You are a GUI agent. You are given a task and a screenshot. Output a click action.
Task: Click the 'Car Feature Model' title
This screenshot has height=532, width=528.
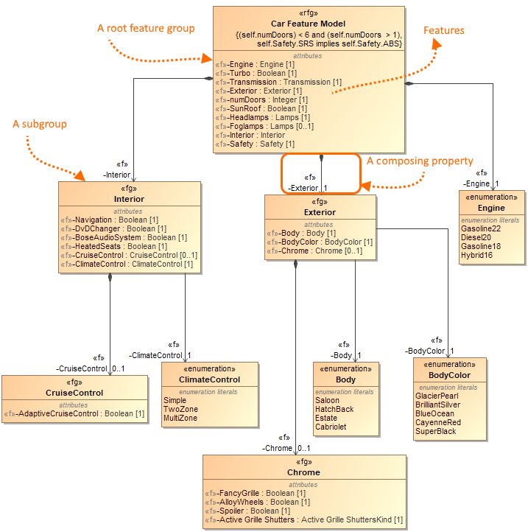point(308,24)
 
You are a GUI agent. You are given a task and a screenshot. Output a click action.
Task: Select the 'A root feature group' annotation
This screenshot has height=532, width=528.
point(146,28)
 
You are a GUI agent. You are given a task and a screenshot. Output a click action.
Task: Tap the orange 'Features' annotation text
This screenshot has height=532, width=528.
point(443,30)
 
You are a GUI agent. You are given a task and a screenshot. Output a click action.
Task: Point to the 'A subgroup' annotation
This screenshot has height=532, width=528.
point(40,125)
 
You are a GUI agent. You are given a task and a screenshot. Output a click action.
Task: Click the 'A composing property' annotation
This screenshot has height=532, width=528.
point(420,161)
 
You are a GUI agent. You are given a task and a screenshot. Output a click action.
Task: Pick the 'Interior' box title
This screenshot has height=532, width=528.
point(129,199)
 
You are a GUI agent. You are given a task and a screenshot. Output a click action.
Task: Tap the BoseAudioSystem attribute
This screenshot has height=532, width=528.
point(123,237)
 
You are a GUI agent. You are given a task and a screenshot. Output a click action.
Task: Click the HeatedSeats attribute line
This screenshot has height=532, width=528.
point(113,246)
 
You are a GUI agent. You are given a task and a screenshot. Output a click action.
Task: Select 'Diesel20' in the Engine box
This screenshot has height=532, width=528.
point(476,237)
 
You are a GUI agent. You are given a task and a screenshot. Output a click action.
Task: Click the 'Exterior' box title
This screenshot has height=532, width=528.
point(320,212)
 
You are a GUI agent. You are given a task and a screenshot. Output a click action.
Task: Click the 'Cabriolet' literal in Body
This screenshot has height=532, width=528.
point(331,427)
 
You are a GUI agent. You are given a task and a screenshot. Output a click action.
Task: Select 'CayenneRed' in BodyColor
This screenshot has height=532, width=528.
point(438,422)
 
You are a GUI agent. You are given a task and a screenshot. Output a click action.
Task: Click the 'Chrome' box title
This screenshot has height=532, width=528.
point(303,472)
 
